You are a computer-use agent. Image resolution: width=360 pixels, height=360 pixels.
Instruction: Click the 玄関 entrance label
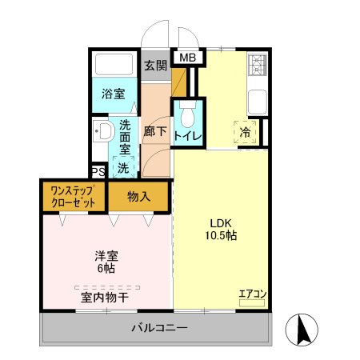tap(154, 66)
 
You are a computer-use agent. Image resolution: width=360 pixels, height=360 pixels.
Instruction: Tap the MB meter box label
tap(187, 58)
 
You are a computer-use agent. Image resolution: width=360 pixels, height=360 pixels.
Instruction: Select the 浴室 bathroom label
tap(113, 94)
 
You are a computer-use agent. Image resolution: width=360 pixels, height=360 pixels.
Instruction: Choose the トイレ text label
tap(187, 136)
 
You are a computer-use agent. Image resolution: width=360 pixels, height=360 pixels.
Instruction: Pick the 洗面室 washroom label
tap(126, 136)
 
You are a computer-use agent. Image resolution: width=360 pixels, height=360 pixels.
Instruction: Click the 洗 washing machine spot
tap(123, 168)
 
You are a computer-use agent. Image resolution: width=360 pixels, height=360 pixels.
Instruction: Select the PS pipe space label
tap(98, 171)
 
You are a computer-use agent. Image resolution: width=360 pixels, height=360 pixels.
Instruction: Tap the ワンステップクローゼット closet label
tap(73, 197)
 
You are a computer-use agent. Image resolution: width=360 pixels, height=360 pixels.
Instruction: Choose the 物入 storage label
tap(138, 197)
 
